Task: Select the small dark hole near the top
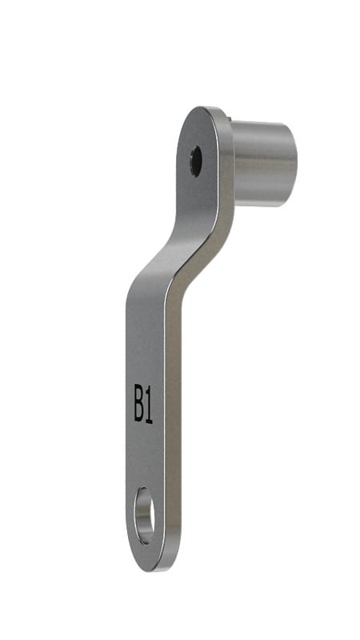(x=196, y=162)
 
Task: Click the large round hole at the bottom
(x=145, y=515)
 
